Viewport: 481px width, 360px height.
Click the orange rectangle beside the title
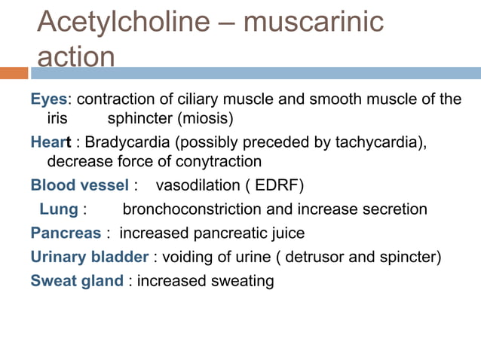click(14, 73)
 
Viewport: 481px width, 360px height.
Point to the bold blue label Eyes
click(48, 99)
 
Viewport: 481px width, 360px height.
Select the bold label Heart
click(51, 142)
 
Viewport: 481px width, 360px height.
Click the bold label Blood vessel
click(79, 185)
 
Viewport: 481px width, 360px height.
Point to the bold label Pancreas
click(64, 233)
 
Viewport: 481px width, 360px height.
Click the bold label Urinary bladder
click(89, 257)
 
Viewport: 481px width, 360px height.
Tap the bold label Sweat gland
click(76, 281)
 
